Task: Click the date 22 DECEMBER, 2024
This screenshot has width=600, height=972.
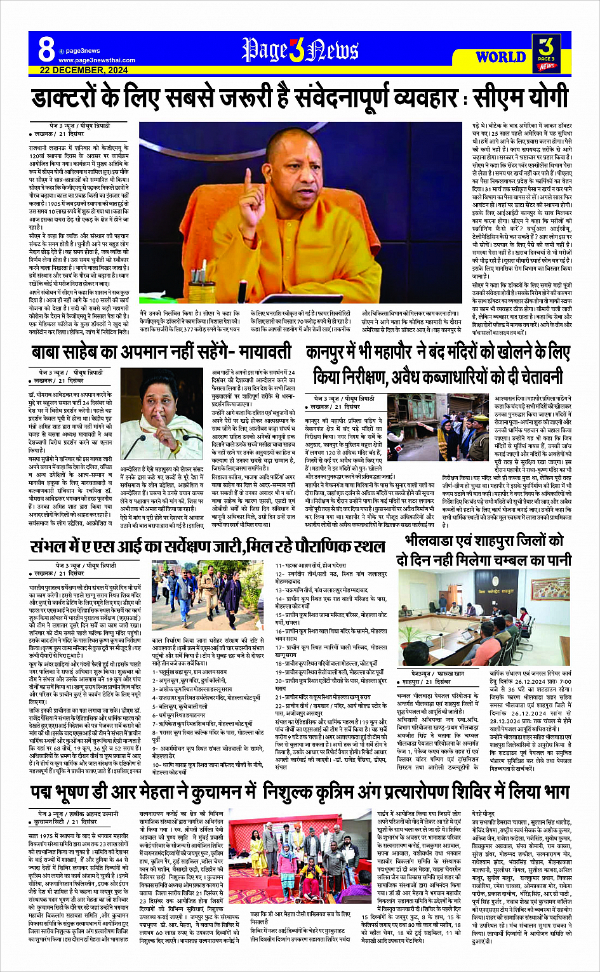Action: coord(83,70)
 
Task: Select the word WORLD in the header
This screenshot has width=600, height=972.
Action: coord(500,57)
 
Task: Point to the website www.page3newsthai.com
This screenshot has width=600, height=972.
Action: coord(97,60)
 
